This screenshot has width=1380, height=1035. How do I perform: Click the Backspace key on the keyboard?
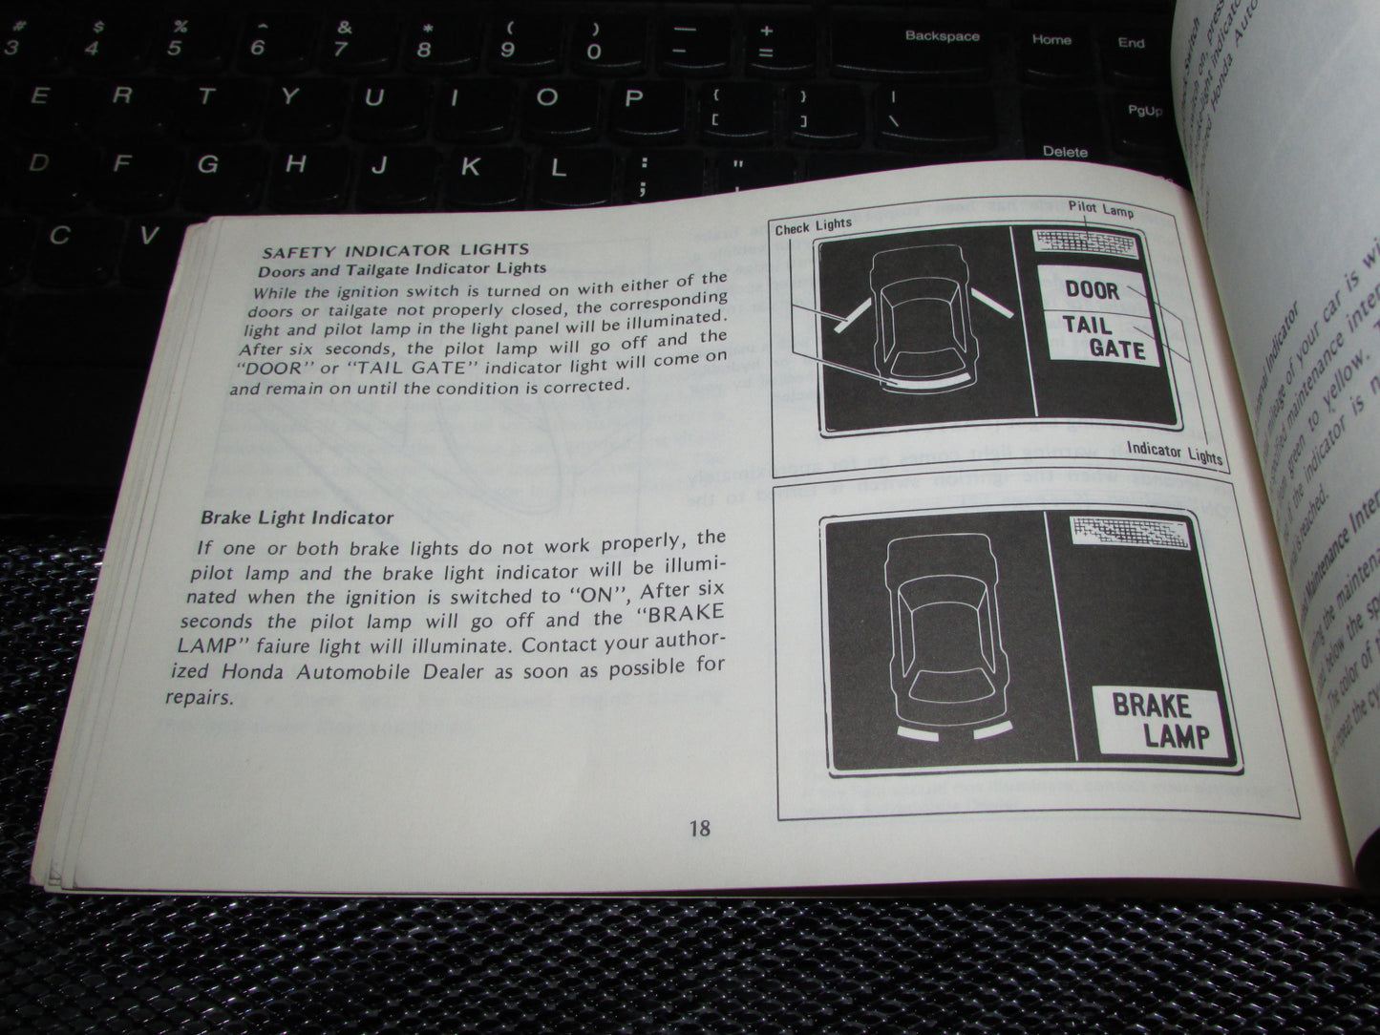tap(942, 37)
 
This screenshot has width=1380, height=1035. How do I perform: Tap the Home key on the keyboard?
tap(1051, 40)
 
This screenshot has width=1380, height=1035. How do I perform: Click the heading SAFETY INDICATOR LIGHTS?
tap(396, 251)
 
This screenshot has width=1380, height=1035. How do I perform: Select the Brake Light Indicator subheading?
tap(296, 518)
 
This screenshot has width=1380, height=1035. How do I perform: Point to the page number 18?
tap(699, 828)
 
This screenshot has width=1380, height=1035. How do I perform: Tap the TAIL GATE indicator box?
tap(1101, 336)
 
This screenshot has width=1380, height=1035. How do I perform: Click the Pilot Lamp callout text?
tap(1101, 208)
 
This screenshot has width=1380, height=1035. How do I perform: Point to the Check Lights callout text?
tap(813, 226)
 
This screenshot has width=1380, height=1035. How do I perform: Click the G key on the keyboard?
tap(207, 163)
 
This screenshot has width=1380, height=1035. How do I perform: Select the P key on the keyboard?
tap(633, 97)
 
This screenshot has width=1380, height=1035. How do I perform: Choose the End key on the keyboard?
tap(1132, 42)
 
